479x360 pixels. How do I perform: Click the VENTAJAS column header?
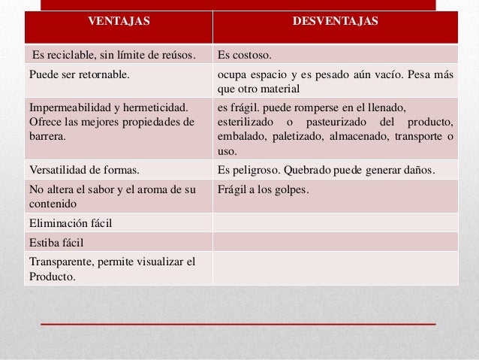point(119,21)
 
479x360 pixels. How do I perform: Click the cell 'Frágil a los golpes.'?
point(263,189)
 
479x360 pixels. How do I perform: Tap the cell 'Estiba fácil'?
point(56,243)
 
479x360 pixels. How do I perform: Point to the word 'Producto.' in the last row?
point(52,276)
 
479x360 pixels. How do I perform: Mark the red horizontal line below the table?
point(238,323)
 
